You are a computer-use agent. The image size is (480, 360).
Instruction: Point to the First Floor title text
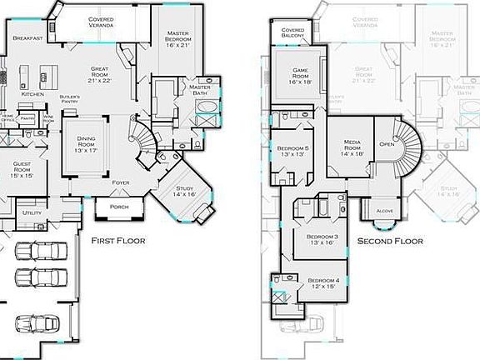(x=117, y=241)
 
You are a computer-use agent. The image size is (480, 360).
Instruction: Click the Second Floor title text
(x=389, y=241)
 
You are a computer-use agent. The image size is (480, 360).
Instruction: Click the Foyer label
(x=122, y=182)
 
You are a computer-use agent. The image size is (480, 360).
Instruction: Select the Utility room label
(x=32, y=213)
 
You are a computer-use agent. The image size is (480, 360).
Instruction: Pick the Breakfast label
(x=28, y=37)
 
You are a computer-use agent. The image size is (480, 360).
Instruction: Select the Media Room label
(x=350, y=147)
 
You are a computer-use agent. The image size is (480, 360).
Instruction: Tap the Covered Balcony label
(x=292, y=33)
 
